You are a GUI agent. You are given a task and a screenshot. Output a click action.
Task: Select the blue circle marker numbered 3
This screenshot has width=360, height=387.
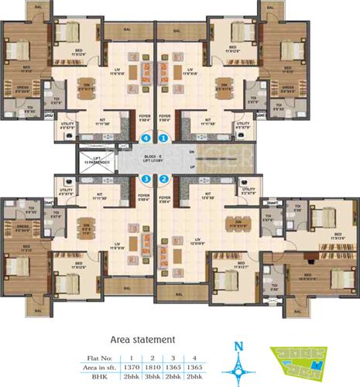click(x=147, y=180)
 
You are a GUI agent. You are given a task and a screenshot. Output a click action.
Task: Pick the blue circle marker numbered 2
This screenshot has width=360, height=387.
click(x=163, y=180)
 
